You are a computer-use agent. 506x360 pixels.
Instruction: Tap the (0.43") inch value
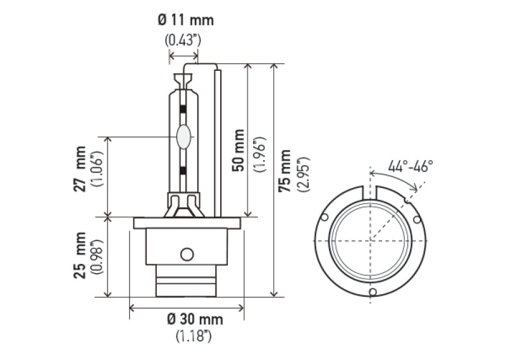pos(183,40)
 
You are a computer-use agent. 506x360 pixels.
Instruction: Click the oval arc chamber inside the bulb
pos(184,137)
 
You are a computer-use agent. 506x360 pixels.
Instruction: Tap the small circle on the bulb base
pos(186,254)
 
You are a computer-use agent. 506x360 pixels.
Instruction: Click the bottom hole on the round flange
pos(373,292)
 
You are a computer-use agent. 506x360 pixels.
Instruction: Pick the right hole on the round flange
pos(417,220)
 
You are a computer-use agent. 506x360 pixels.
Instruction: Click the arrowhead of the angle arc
pos(416,188)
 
